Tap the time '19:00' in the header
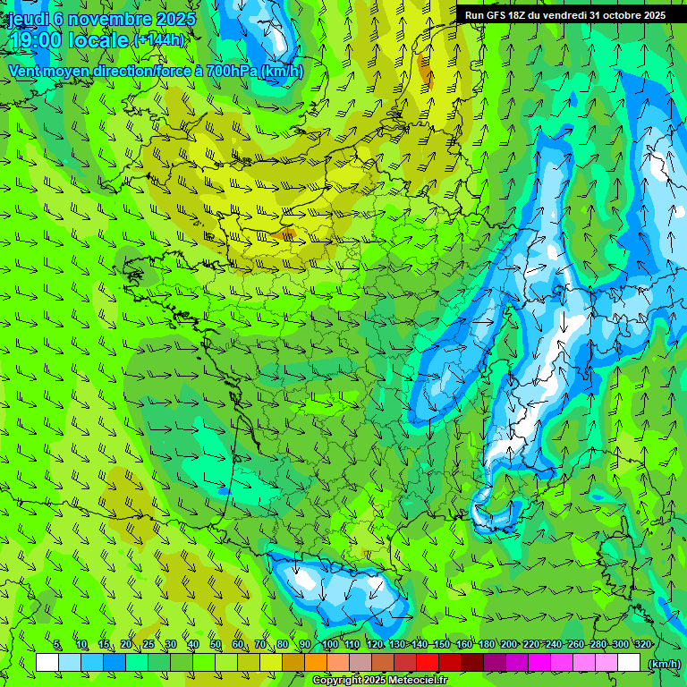click(x=38, y=40)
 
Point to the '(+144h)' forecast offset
click(x=159, y=40)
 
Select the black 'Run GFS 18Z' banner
click(x=564, y=15)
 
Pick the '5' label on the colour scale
click(x=57, y=645)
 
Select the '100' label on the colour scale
click(x=329, y=645)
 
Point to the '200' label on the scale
click(x=508, y=645)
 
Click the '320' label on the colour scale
click(x=642, y=645)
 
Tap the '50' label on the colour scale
click(x=216, y=645)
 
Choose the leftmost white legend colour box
click(x=47, y=663)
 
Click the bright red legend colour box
click(x=428, y=663)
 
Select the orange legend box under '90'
click(x=316, y=663)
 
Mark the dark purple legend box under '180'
click(x=495, y=663)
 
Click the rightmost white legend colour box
click(x=629, y=663)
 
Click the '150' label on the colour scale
click(x=441, y=645)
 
